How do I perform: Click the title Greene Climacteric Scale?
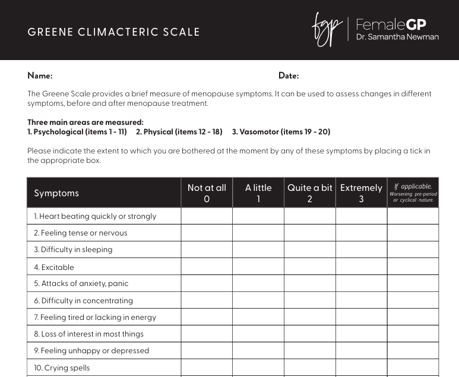(x=113, y=32)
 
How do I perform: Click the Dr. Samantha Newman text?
(x=397, y=37)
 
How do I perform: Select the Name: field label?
(x=40, y=76)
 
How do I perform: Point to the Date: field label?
(x=289, y=76)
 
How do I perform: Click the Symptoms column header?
(x=56, y=193)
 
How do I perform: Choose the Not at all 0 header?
(x=207, y=193)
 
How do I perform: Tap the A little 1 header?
(x=258, y=193)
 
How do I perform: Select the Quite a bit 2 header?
(x=310, y=193)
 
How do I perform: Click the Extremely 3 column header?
(x=361, y=193)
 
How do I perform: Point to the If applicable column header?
(x=413, y=193)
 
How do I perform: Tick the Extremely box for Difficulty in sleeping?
(x=361, y=250)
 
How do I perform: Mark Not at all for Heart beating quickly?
(x=207, y=216)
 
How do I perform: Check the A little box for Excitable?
(x=258, y=267)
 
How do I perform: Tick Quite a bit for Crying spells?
(x=310, y=367)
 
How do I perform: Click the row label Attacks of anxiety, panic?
(x=81, y=284)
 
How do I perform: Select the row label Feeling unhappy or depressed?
(x=91, y=351)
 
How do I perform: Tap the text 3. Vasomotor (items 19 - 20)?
(x=281, y=131)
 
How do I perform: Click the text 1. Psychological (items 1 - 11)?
(x=77, y=131)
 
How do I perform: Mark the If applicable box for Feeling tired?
(x=413, y=317)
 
